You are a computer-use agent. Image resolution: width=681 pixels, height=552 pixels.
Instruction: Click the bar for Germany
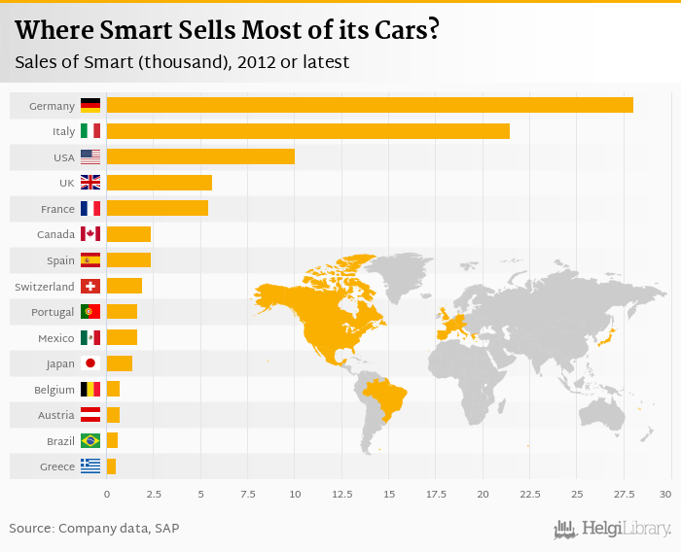click(x=370, y=105)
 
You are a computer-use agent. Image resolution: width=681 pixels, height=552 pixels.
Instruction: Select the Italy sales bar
click(x=307, y=130)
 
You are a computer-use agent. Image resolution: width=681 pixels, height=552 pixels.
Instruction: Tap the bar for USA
click(x=200, y=156)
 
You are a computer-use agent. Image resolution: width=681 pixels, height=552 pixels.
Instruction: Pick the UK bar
click(x=159, y=182)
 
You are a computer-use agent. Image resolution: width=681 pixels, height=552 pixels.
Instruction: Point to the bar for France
click(x=157, y=208)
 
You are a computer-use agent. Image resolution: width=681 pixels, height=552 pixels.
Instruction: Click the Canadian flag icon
click(x=90, y=234)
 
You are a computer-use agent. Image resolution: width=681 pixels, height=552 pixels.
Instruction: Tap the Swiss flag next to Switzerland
click(x=90, y=286)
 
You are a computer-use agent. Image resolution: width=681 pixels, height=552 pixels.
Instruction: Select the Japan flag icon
click(x=90, y=363)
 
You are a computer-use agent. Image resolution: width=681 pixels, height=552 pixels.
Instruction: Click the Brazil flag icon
click(x=90, y=441)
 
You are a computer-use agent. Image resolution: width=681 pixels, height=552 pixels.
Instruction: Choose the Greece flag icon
click(x=90, y=466)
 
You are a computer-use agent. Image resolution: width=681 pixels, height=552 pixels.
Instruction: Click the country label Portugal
click(x=53, y=312)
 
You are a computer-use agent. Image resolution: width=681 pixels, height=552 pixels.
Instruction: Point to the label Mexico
click(x=55, y=338)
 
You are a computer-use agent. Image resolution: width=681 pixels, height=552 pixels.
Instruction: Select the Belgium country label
click(x=54, y=390)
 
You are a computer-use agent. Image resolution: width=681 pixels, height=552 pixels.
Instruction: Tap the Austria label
click(x=55, y=415)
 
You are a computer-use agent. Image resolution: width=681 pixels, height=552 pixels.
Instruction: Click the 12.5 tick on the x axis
click(x=341, y=495)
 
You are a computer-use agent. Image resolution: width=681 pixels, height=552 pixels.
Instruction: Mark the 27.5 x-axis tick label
click(x=624, y=495)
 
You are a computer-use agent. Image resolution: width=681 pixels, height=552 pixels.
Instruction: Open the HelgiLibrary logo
click(x=612, y=529)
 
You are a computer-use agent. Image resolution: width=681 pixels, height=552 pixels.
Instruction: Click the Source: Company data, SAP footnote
click(x=94, y=528)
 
